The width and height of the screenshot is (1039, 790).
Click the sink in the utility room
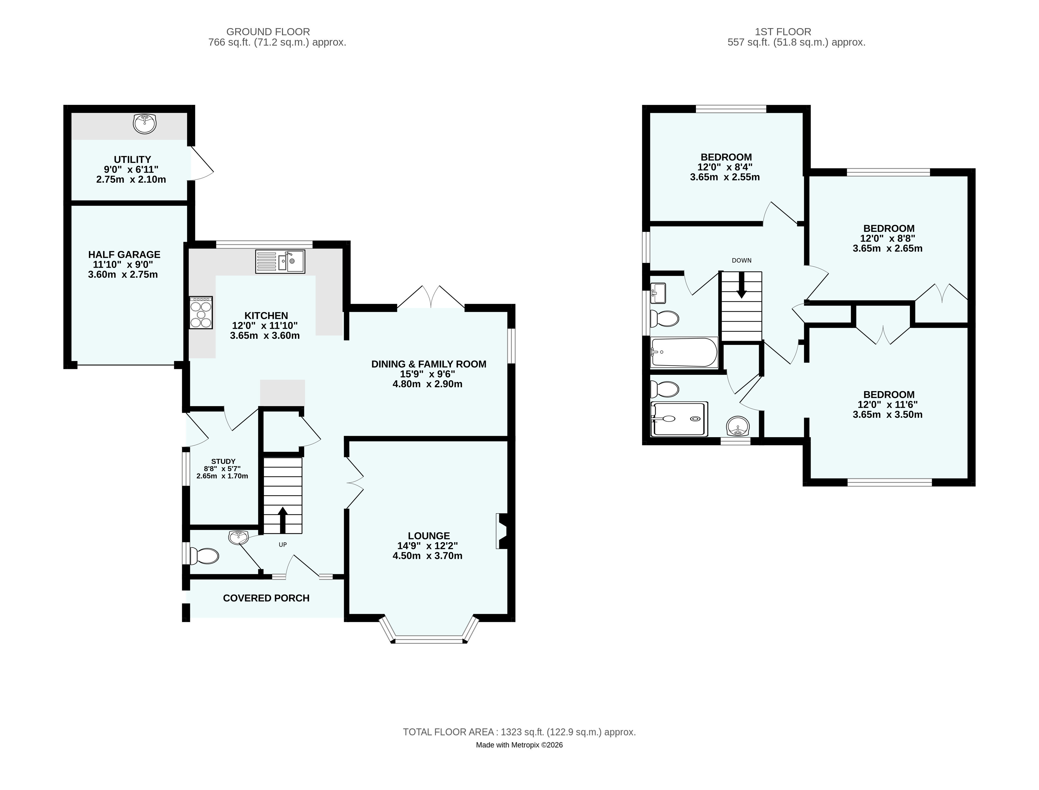(145, 124)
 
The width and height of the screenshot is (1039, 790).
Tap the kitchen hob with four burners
(201, 312)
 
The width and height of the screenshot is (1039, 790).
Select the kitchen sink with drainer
(280, 261)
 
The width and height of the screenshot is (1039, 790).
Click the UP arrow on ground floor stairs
(283, 520)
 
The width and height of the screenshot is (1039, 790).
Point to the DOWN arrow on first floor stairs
(741, 285)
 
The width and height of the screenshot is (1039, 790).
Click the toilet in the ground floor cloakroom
(204, 556)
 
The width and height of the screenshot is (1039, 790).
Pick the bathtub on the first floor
(684, 352)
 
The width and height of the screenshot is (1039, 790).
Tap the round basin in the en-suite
(738, 426)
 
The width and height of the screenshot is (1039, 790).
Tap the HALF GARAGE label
(124, 254)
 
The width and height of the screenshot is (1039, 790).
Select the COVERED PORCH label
(266, 598)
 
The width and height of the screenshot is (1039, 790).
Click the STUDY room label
(223, 461)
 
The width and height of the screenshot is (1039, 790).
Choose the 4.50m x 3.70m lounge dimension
(427, 556)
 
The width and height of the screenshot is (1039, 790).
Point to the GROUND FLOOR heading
(268, 31)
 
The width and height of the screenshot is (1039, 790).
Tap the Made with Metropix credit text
(520, 745)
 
